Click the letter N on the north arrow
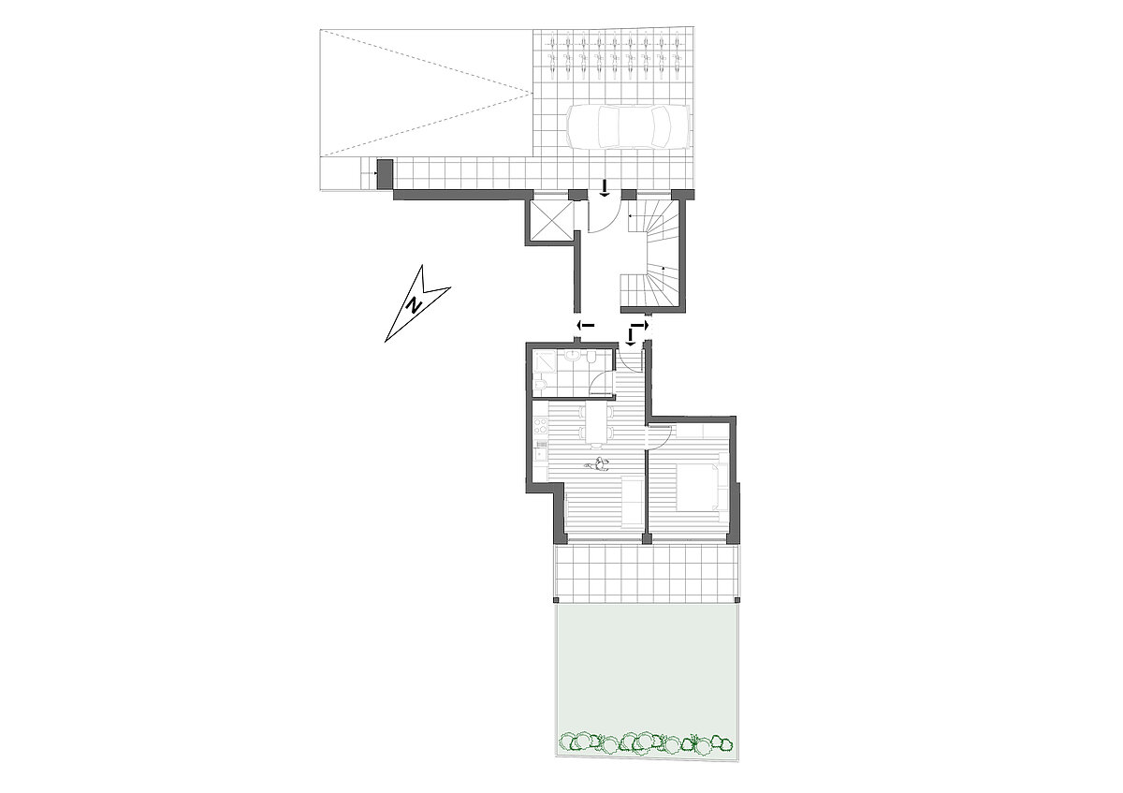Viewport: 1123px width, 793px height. (415, 305)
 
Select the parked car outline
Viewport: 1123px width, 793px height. (627, 127)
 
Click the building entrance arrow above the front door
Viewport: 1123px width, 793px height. (605, 188)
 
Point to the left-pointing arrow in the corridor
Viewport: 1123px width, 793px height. (585, 326)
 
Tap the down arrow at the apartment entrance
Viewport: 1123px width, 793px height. (630, 337)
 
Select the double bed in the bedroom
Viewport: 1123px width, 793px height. (698, 487)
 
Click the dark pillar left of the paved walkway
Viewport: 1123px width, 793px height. (384, 174)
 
